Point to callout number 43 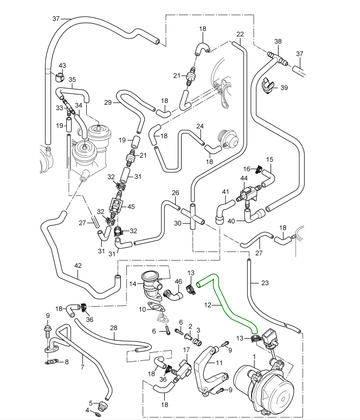(x=62, y=66)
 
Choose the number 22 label (x=240, y=34)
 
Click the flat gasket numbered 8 (x=52, y=363)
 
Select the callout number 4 (x=88, y=410)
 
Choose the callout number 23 (x=265, y=282)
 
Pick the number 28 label (x=113, y=328)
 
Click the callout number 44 (x=244, y=178)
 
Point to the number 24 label (x=200, y=127)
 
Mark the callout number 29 (x=107, y=102)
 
